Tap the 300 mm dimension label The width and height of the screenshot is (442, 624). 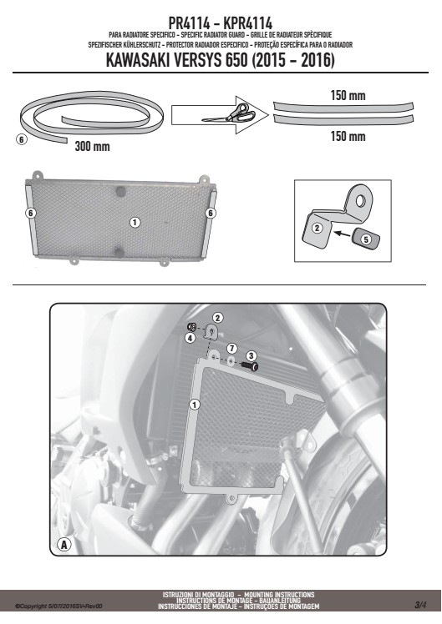coord(92,147)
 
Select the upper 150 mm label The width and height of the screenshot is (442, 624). coord(348,95)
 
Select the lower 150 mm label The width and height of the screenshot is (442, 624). coord(348,136)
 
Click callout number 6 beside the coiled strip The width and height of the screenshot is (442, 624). coord(22,139)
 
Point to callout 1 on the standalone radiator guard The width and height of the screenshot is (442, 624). coord(135,222)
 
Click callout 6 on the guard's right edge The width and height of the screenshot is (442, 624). coord(211,214)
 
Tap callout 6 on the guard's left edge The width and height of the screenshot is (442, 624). coord(31,213)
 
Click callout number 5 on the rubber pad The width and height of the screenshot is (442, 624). coord(366,239)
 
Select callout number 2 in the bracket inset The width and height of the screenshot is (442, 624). coord(318,228)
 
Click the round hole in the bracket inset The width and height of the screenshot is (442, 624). coord(360,200)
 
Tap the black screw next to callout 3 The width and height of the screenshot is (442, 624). coord(250,365)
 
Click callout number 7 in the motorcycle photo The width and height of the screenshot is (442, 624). coord(232,349)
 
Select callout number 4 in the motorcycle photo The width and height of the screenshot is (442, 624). coord(191,338)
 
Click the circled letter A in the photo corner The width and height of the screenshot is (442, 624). coord(64,545)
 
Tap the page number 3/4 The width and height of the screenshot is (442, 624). coord(419,606)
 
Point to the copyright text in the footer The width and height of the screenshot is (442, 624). coord(58,606)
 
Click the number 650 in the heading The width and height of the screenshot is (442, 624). coord(236,61)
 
